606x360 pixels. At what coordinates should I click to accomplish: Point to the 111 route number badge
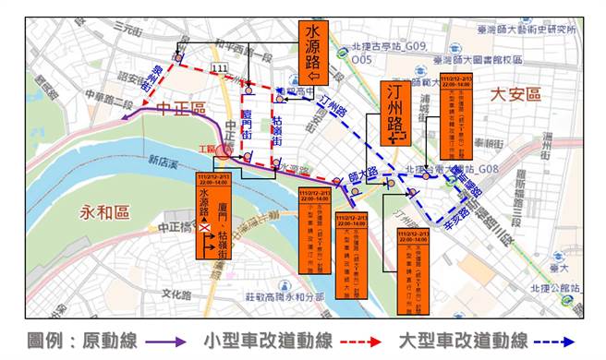coord(219,69)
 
